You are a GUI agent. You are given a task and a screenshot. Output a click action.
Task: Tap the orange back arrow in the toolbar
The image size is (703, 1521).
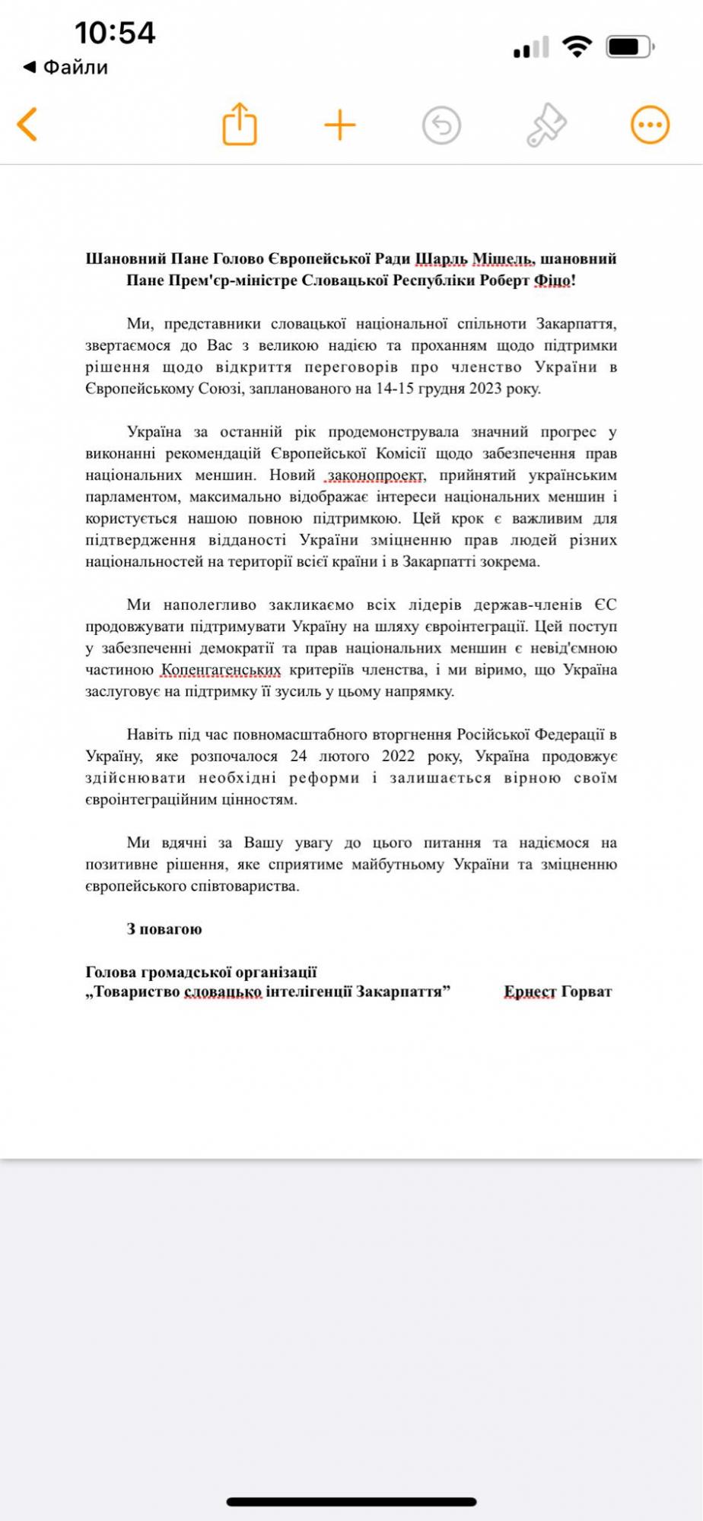click(x=27, y=125)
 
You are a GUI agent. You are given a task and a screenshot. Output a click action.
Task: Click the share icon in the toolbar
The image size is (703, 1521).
click(x=240, y=124)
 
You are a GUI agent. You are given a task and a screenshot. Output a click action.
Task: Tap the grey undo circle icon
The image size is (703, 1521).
click(x=441, y=125)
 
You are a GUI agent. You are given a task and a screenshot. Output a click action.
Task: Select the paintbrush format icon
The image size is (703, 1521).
click(x=546, y=125)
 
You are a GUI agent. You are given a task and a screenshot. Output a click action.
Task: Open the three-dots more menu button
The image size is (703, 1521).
click(x=650, y=125)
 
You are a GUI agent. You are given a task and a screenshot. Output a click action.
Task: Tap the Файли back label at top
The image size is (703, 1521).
click(x=75, y=68)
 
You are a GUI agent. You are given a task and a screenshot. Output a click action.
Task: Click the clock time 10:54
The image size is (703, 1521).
click(x=115, y=33)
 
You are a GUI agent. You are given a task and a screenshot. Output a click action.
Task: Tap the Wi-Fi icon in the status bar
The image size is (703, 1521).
click(x=577, y=46)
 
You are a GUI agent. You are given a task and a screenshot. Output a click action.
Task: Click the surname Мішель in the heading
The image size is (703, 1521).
click(x=503, y=259)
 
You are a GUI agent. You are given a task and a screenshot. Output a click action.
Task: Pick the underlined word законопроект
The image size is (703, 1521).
click(x=376, y=475)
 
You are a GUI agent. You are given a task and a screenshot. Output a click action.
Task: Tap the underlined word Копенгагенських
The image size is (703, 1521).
click(x=221, y=670)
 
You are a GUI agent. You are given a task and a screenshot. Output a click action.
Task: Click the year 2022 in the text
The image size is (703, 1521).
click(x=398, y=756)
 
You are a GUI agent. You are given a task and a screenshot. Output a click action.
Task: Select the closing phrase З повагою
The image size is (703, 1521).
click(x=164, y=929)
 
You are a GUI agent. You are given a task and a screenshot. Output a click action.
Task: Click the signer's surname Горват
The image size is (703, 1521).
click(x=587, y=992)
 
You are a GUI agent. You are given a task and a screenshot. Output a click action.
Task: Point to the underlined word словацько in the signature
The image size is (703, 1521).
click(x=223, y=992)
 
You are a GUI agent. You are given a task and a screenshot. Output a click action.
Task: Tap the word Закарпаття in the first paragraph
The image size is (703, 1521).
click(x=576, y=324)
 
